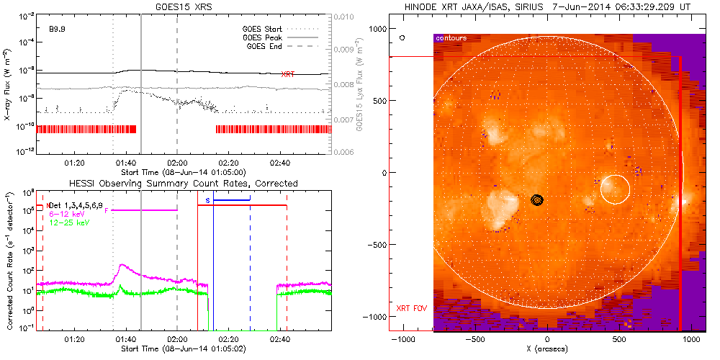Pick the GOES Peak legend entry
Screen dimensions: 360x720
pyautogui.click(x=264, y=37)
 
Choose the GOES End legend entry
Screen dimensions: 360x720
pyautogui.click(x=266, y=47)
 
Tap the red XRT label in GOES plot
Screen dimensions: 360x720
pyautogui.click(x=287, y=74)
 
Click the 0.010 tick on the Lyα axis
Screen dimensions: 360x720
pyautogui.click(x=345, y=16)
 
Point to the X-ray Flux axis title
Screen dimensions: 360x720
pyautogui.click(x=7, y=84)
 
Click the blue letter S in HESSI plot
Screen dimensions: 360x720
pyautogui.click(x=207, y=199)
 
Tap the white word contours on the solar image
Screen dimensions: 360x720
pyautogui.click(x=451, y=37)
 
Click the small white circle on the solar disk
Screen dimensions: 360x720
pyautogui.click(x=614, y=189)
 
